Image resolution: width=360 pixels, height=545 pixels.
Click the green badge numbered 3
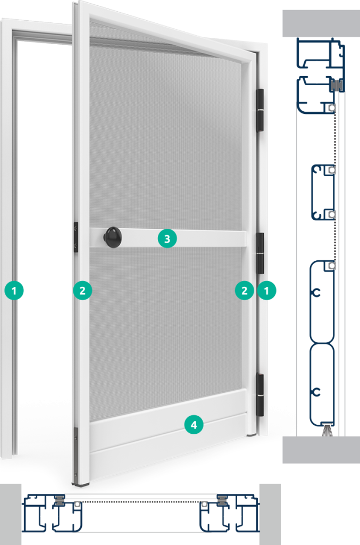point(167,239)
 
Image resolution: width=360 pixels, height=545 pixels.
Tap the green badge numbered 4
point(194,425)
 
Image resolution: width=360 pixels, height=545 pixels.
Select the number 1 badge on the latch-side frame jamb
point(14,291)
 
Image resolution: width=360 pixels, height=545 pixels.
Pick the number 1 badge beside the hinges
point(266,291)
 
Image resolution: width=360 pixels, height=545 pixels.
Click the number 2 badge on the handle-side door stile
point(82,291)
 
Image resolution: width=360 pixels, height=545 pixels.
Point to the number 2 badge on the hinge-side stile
point(245,291)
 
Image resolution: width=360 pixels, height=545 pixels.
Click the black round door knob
point(113,237)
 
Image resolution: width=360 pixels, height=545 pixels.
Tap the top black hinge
point(260,110)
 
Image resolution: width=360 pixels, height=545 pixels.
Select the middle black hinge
point(260,253)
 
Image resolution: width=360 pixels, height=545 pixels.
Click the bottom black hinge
point(260,395)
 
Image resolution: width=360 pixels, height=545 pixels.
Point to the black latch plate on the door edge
point(76,237)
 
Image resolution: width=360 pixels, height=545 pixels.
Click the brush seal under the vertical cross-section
point(328,431)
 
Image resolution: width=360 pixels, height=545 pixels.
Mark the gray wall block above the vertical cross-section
point(321,23)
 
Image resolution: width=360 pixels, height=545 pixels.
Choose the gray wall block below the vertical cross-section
point(321,450)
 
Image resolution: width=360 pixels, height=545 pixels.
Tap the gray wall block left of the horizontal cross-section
point(11,515)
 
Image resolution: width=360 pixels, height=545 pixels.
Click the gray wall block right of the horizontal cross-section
point(270,515)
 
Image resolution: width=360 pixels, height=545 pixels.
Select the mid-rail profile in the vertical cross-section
point(323,192)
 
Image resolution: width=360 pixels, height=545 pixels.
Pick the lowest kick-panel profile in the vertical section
point(322,384)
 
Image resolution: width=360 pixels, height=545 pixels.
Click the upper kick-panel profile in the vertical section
point(322,302)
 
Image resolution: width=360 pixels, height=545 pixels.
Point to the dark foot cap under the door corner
point(80,483)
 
